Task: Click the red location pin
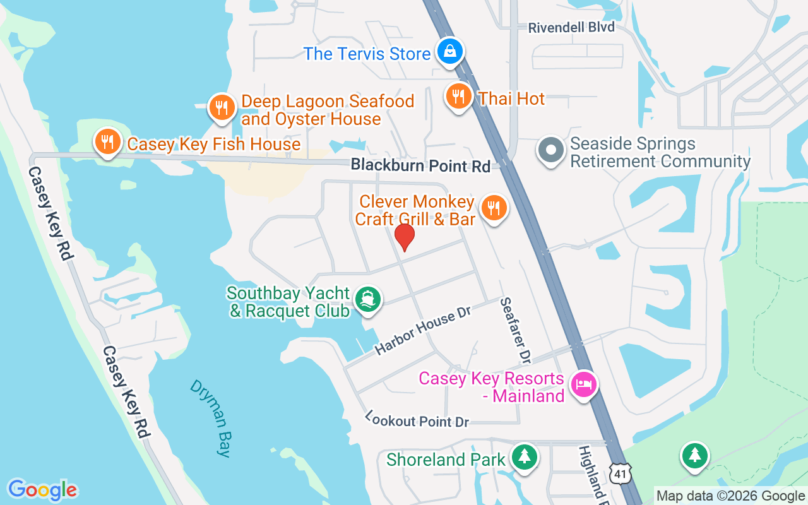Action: pyautogui.click(x=404, y=237)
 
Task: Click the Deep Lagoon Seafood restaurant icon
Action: pyautogui.click(x=222, y=108)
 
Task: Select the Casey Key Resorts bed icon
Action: pyautogui.click(x=584, y=384)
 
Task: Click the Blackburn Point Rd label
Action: pyautogui.click(x=420, y=166)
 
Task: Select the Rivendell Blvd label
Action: pyautogui.click(x=571, y=27)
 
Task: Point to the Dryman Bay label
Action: pyautogui.click(x=211, y=417)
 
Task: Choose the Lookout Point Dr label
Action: pyautogui.click(x=417, y=420)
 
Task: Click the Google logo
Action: pyautogui.click(x=42, y=490)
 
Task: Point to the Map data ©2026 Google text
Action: pyautogui.click(x=730, y=496)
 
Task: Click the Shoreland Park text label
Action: pyautogui.click(x=446, y=460)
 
